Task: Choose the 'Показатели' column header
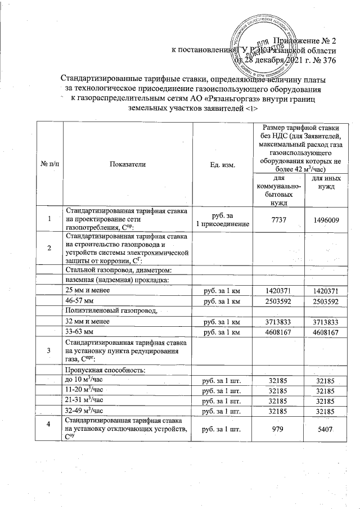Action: point(128,164)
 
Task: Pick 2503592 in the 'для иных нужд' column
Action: point(326,301)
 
